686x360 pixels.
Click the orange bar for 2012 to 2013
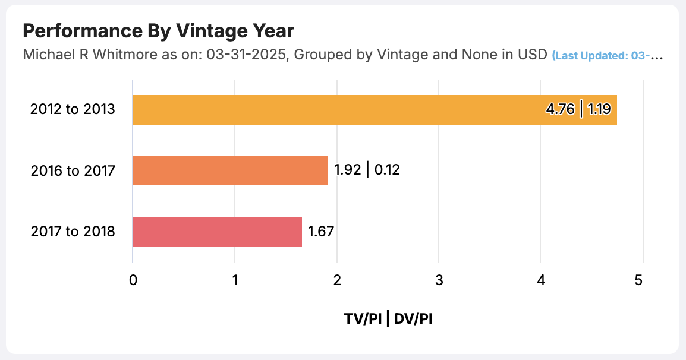click(x=333, y=109)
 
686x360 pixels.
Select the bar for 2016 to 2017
click(x=230, y=170)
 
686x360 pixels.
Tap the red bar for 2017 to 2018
click(x=217, y=232)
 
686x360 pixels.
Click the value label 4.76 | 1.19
click(x=578, y=110)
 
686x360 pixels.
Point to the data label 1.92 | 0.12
click(x=367, y=170)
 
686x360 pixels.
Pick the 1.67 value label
click(x=320, y=232)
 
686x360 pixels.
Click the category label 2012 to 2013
click(x=73, y=110)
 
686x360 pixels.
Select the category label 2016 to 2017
click(x=73, y=171)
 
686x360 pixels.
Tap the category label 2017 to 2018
click(x=73, y=232)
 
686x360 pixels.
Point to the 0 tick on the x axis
click(x=133, y=281)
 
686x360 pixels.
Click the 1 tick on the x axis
click(x=235, y=281)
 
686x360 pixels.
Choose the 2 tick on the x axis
click(x=337, y=281)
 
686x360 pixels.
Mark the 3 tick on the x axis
click(x=439, y=281)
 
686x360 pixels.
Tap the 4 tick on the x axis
click(x=541, y=281)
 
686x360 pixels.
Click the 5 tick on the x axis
click(x=639, y=281)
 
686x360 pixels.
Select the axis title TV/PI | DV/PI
click(x=388, y=319)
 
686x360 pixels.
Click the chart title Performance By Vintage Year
click(x=158, y=31)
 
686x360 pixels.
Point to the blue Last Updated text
click(x=606, y=56)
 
